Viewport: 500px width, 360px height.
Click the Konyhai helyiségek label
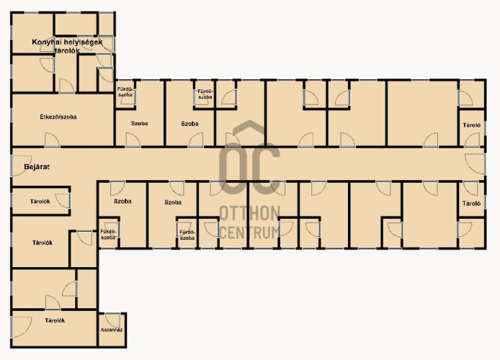click(67, 42)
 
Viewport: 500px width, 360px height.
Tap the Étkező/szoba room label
click(58, 117)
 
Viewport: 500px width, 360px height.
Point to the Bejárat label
click(37, 166)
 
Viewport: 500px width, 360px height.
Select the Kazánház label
click(112, 330)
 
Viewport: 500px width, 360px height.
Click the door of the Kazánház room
click(112, 320)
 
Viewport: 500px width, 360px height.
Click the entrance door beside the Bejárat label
click(21, 166)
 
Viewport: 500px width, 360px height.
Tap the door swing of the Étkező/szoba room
click(52, 140)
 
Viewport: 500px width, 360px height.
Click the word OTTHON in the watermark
click(250, 213)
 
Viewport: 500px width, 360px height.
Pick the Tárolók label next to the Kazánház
click(55, 320)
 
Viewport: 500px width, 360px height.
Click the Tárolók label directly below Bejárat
click(40, 202)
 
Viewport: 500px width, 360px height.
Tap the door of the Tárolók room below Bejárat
click(63, 201)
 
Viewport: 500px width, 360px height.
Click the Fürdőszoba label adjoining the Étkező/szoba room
click(125, 92)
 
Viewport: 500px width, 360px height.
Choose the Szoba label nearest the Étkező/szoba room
click(139, 123)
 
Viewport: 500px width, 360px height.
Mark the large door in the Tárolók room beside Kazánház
click(21, 327)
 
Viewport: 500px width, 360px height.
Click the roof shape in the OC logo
click(249, 127)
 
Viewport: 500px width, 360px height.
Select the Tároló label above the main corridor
click(472, 125)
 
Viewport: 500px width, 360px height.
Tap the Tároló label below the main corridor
click(471, 203)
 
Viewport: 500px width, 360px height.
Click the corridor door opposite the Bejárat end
click(475, 163)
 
